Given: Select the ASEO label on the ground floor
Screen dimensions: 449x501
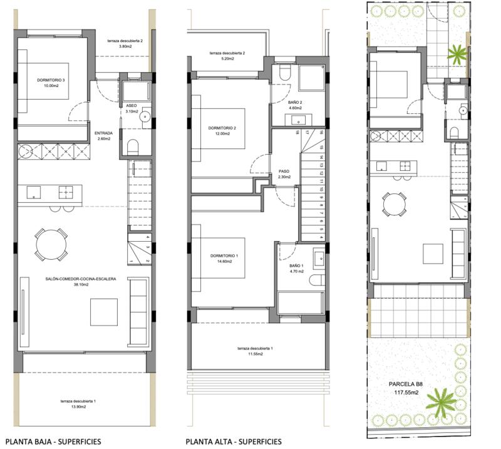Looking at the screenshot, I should (131, 106).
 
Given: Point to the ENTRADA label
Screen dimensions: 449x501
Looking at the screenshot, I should (103, 133).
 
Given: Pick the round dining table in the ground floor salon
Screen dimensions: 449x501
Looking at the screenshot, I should (50, 244).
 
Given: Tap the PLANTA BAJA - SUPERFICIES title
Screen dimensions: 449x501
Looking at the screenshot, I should (53, 441).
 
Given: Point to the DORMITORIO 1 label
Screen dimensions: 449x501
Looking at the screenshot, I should (224, 255).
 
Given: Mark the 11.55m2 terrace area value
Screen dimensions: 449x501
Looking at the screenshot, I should (254, 354).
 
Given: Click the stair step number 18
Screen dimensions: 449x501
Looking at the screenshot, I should (296, 133).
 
